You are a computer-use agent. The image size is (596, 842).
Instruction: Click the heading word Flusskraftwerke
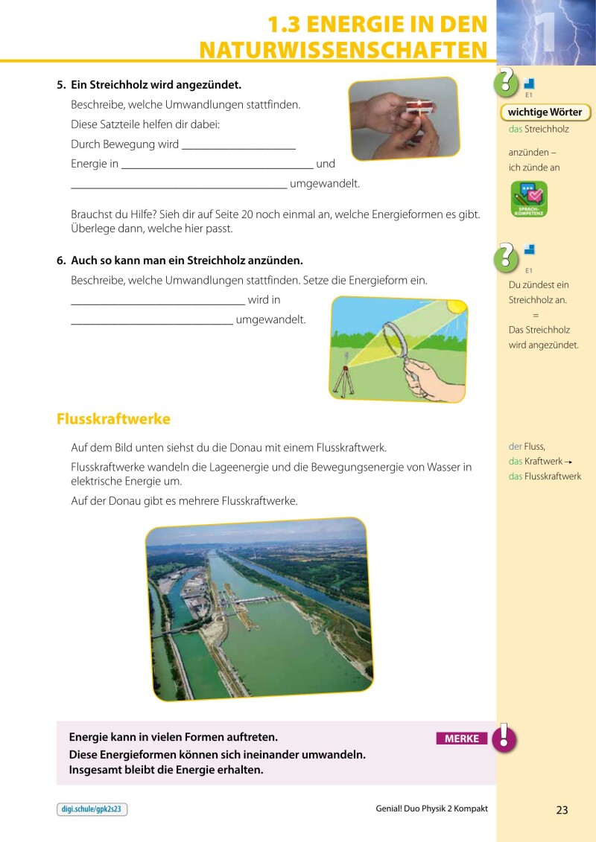point(113,419)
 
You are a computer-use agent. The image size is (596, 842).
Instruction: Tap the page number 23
point(562,810)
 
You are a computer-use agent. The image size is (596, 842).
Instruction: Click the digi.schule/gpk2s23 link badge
point(92,810)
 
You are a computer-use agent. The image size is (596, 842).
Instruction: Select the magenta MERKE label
point(462,739)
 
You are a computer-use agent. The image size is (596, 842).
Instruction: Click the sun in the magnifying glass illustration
point(454,307)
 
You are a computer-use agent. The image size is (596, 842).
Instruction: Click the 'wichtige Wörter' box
point(545,112)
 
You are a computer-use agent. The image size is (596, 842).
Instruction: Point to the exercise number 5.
point(61,86)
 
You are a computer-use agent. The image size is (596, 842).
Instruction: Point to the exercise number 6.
point(61,261)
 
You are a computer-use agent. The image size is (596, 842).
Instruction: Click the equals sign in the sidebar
point(536,316)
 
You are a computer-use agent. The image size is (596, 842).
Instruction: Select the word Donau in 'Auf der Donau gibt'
point(124,501)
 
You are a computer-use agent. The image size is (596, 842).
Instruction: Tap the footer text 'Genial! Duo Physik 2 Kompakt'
point(432,808)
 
